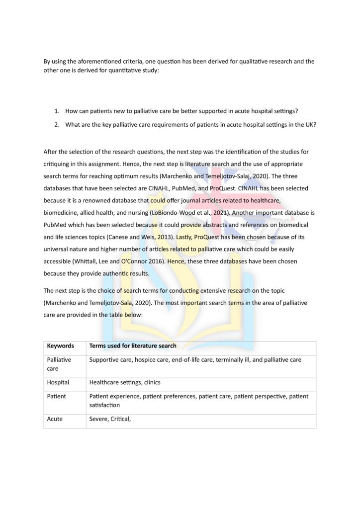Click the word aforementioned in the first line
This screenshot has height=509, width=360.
(x=99, y=61)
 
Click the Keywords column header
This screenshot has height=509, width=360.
(x=60, y=346)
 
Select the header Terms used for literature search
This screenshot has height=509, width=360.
(x=133, y=346)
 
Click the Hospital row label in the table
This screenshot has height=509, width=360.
(x=58, y=383)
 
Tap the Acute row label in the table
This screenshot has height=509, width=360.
(x=55, y=419)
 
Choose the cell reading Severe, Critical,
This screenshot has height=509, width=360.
(x=110, y=419)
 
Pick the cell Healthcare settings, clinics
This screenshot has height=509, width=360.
(x=124, y=383)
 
